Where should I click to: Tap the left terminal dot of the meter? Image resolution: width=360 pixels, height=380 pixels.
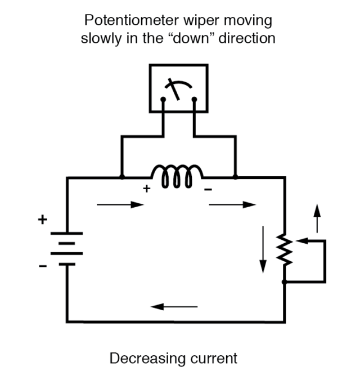[163, 100]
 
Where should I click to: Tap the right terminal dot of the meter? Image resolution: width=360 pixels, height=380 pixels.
[194, 100]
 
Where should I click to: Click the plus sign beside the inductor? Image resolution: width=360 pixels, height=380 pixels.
[146, 189]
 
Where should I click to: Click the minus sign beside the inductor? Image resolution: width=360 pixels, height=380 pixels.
[208, 190]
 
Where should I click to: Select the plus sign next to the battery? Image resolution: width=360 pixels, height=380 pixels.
[42, 220]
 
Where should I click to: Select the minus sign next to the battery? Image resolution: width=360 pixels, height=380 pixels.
[43, 265]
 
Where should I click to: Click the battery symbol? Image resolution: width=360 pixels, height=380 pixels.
[67, 248]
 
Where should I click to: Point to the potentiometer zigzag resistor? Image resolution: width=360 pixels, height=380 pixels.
[285, 251]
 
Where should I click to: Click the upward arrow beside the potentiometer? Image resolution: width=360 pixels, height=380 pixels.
[317, 217]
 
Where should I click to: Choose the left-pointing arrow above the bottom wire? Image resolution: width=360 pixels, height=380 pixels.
[174, 307]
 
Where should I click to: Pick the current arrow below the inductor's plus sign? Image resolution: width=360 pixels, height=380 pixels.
[120, 205]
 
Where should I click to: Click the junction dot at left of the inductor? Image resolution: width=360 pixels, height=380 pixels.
[122, 177]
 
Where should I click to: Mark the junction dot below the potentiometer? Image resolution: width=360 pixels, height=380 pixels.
[285, 281]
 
